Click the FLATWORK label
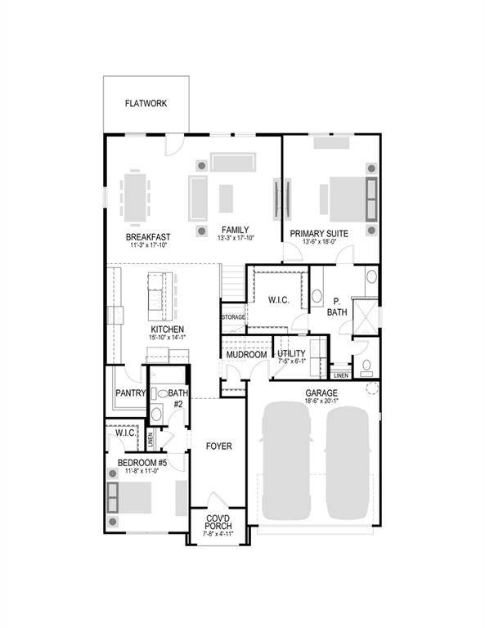click(147, 104)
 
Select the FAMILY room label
click(234, 231)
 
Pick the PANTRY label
click(129, 393)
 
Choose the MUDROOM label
click(246, 355)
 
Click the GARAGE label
click(321, 393)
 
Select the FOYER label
click(218, 446)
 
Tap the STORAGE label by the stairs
click(233, 317)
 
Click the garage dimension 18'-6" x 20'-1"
click(321, 402)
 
